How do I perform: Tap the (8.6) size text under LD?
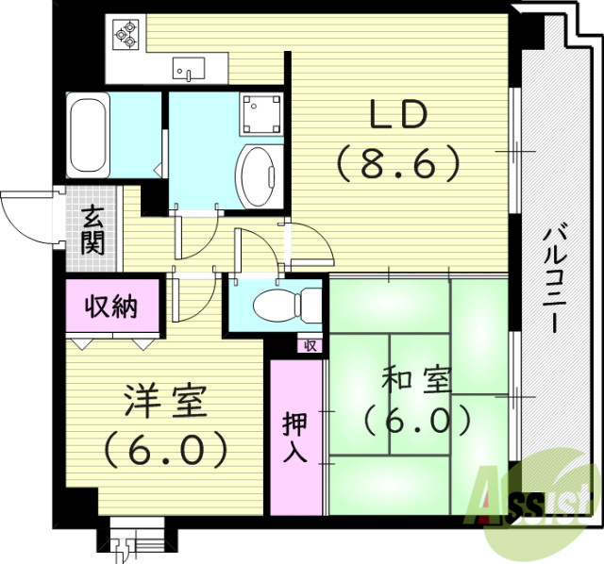(397, 164)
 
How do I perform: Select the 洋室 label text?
(165, 403)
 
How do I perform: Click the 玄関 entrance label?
(92, 231)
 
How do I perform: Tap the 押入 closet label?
(294, 437)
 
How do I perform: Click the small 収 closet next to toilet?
(310, 345)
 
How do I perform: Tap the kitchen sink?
(190, 67)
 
